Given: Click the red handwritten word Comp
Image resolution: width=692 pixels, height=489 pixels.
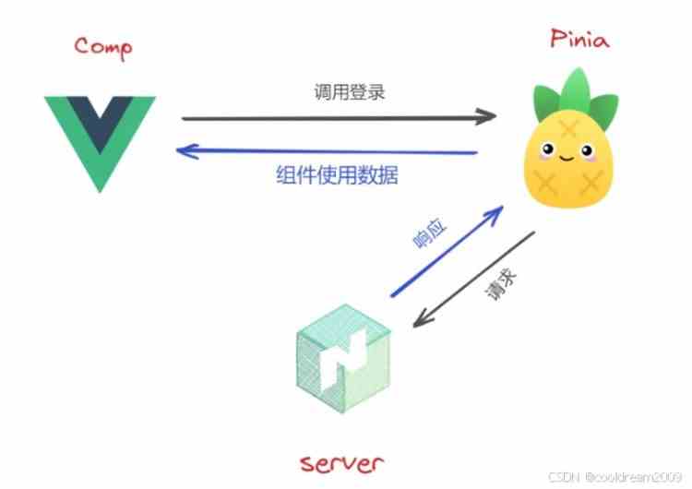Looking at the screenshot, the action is coord(102,47).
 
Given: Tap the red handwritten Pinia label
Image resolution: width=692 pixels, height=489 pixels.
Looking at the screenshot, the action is coord(579,39).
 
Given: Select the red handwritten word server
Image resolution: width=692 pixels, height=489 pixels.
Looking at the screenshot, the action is coord(341,464).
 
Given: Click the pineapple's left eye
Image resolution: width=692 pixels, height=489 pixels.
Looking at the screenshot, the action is coord(548,149).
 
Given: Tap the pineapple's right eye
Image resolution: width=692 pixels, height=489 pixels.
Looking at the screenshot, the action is coord(587,151).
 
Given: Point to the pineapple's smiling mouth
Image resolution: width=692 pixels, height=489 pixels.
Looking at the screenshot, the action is coord(567,158).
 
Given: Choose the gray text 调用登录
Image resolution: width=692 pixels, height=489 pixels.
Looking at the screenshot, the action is coord(350,92).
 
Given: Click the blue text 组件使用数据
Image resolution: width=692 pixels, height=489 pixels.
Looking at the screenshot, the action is coord(337,174).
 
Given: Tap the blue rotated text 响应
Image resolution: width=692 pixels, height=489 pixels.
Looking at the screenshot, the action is coord(429,233).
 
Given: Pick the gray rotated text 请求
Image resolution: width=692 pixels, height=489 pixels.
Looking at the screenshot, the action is coord(501,285).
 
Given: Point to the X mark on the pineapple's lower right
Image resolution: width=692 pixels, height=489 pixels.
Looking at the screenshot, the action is coord(591,184).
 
